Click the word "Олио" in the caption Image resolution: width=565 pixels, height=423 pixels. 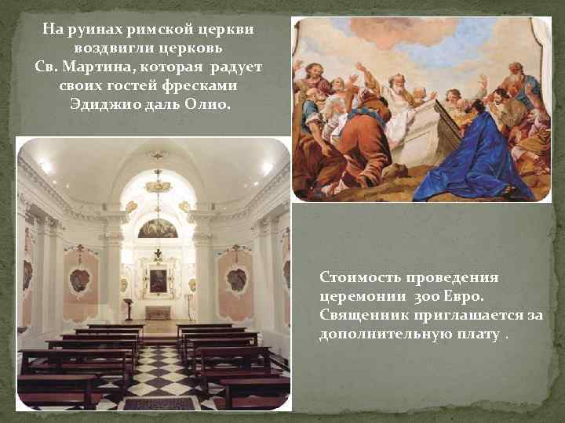pos(210,102)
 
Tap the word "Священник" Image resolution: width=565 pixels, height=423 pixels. pos(363,316)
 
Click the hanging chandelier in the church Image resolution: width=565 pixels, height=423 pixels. pos(158,185)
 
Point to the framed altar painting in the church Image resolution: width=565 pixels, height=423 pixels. pos(158,280)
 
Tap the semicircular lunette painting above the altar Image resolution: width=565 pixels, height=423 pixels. pos(158,229)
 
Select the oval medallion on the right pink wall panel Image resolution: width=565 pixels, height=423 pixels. pos(236,280)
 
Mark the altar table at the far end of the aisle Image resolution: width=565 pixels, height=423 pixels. pos(158,313)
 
